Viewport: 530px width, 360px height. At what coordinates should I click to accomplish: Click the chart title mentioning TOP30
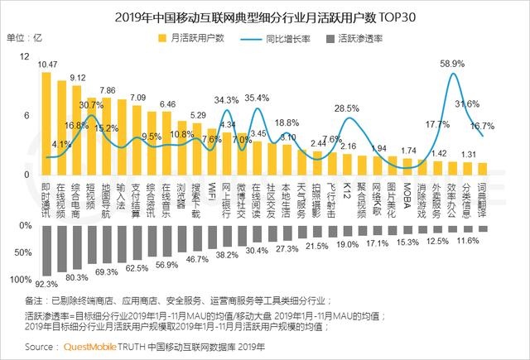tap(265, 15)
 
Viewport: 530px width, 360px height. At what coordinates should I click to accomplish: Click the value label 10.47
tap(47, 65)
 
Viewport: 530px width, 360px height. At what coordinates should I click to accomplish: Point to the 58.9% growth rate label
tap(452, 64)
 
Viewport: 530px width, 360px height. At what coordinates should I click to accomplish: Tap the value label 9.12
tap(77, 78)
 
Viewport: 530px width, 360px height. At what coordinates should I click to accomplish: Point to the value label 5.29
tap(198, 115)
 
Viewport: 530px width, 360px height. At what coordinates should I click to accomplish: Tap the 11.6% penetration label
tap(468, 240)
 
